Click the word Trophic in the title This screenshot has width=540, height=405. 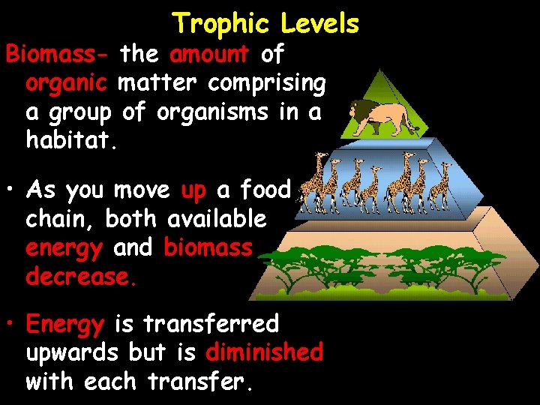coord(223,24)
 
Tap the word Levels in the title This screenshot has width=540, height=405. coord(320,24)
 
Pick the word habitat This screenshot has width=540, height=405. coord(71,141)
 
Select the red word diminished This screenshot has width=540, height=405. coord(264,352)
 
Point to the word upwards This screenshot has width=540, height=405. coord(72,352)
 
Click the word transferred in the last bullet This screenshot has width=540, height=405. coord(211,324)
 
